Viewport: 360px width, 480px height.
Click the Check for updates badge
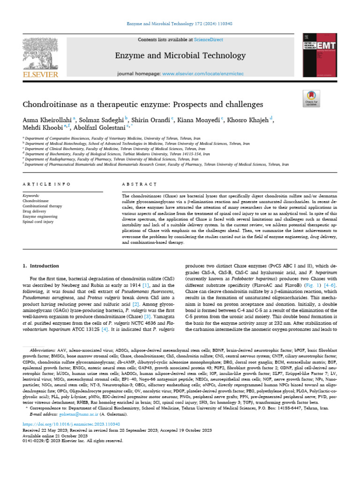tap(311, 99)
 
